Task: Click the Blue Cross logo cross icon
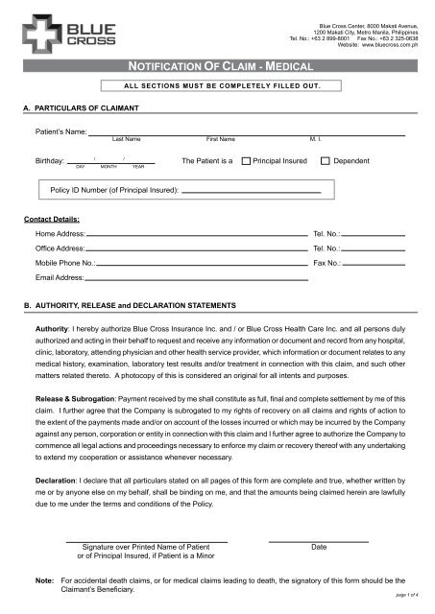tap(36, 34)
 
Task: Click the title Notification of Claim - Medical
tap(216, 66)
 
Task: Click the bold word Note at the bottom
tap(44, 581)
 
